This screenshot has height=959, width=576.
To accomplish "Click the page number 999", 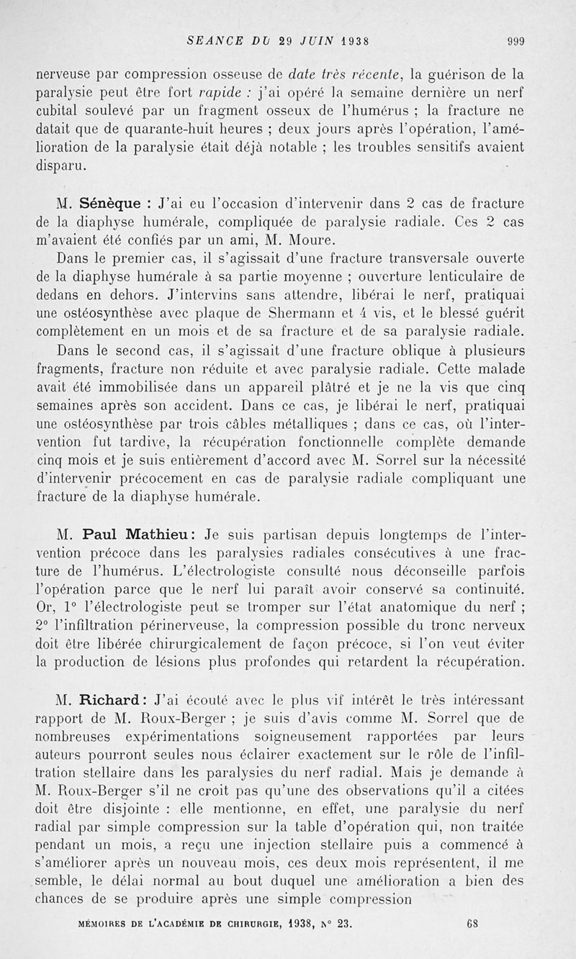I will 515,42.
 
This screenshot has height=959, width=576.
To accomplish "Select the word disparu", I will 62,165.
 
